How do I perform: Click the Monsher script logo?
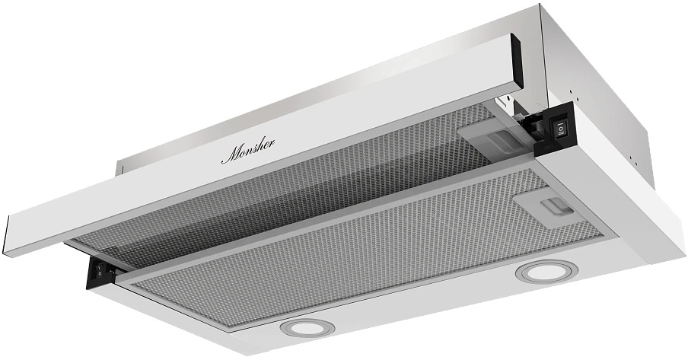[248, 151]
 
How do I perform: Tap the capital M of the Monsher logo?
[231, 155]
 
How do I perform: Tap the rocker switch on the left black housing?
[100, 268]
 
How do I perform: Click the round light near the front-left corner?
[307, 327]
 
